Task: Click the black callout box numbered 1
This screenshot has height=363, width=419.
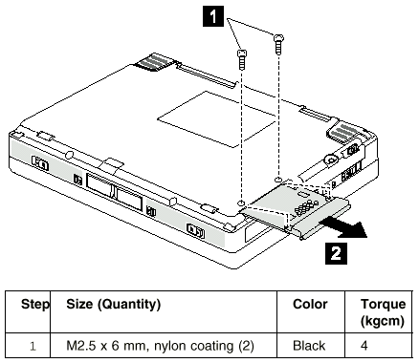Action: pyautogui.click(x=213, y=16)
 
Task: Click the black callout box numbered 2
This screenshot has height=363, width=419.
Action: pyautogui.click(x=336, y=254)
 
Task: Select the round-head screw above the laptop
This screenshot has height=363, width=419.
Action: pyautogui.click(x=278, y=44)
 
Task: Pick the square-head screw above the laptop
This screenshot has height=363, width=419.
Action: pyautogui.click(x=242, y=59)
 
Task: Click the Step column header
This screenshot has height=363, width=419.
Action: pyautogui.click(x=35, y=305)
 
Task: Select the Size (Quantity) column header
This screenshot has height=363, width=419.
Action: pyautogui.click(x=113, y=305)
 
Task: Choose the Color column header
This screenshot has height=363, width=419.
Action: pyautogui.click(x=310, y=305)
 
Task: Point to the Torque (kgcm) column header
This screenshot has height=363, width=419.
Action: pyautogui.click(x=383, y=312)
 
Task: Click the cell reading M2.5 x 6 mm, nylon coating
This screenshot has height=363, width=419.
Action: pyautogui.click(x=160, y=346)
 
